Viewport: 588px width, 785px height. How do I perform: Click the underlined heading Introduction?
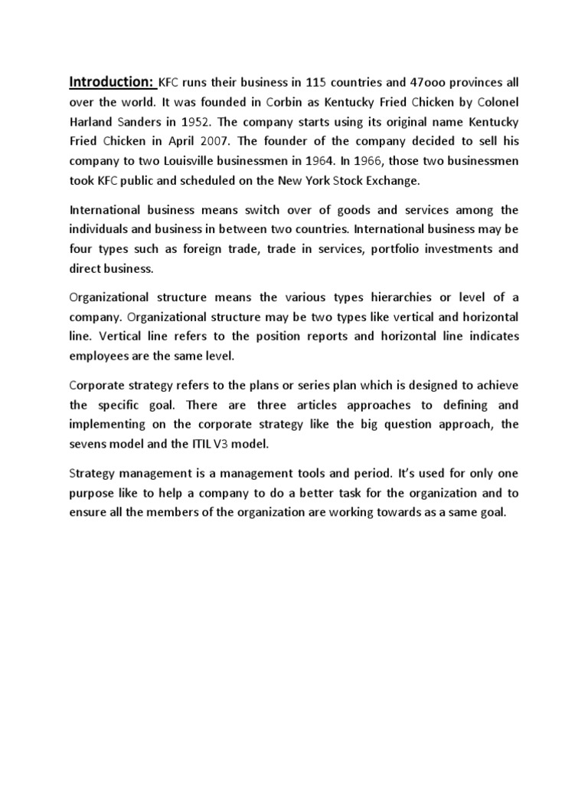pyautogui.click(x=113, y=81)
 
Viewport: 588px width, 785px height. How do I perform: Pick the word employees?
pyautogui.click(x=100, y=356)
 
